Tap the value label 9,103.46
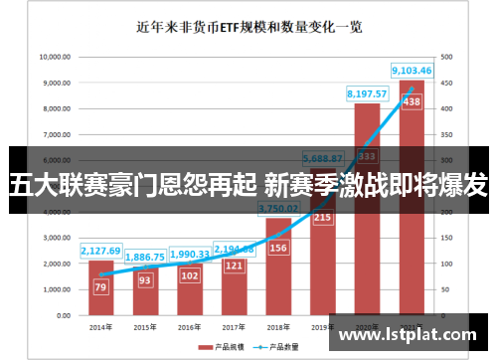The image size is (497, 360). (x=412, y=71)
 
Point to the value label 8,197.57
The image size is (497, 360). (x=366, y=93)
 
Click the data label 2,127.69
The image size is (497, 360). (x=100, y=251)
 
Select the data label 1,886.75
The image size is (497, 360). (x=145, y=257)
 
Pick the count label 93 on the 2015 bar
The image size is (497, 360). (x=145, y=280)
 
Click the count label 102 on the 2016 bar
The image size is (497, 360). (x=190, y=275)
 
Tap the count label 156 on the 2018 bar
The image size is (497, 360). (x=279, y=249)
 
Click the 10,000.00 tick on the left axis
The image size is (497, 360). (x=54, y=57)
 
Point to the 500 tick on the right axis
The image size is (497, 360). (x=445, y=57)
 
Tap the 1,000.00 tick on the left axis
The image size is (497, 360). (x=56, y=289)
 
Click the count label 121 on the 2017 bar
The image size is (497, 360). (x=235, y=266)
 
